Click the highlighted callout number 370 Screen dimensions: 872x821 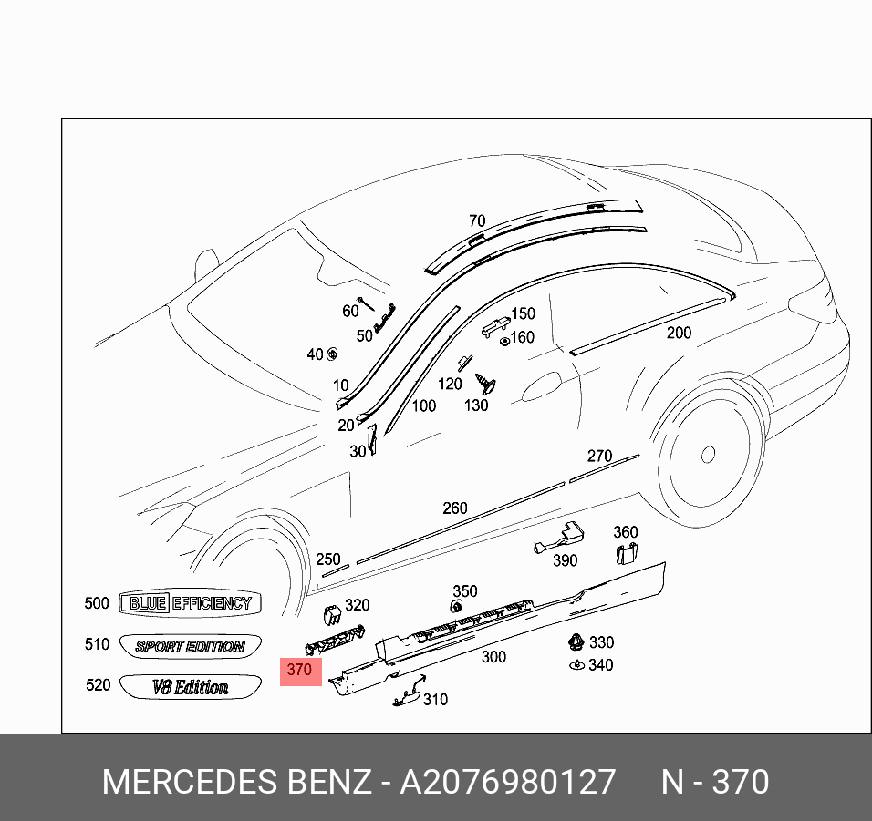click(x=299, y=670)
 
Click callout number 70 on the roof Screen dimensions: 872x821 click(x=477, y=221)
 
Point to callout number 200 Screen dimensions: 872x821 click(x=679, y=334)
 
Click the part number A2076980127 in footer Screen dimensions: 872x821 click(x=508, y=782)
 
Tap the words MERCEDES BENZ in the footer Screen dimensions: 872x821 click(x=235, y=782)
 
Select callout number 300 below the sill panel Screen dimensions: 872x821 click(x=493, y=656)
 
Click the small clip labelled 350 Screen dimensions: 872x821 click(x=457, y=607)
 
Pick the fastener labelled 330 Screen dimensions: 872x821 click(x=576, y=641)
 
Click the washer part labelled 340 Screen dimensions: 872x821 click(x=576, y=665)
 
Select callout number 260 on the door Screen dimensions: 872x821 click(x=454, y=508)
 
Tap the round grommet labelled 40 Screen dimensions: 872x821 click(x=332, y=354)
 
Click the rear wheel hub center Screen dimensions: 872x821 click(x=707, y=453)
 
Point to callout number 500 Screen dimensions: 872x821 click(x=96, y=603)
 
